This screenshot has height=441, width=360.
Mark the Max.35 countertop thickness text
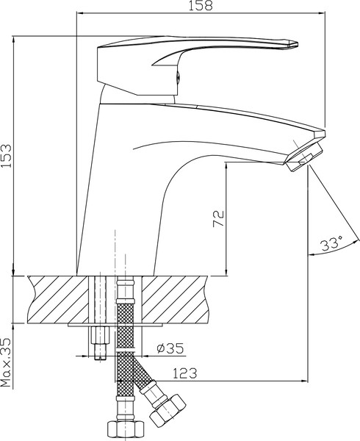click(7, 362)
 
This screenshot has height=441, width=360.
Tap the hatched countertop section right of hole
click(176, 298)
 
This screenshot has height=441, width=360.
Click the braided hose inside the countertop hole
click(126, 301)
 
